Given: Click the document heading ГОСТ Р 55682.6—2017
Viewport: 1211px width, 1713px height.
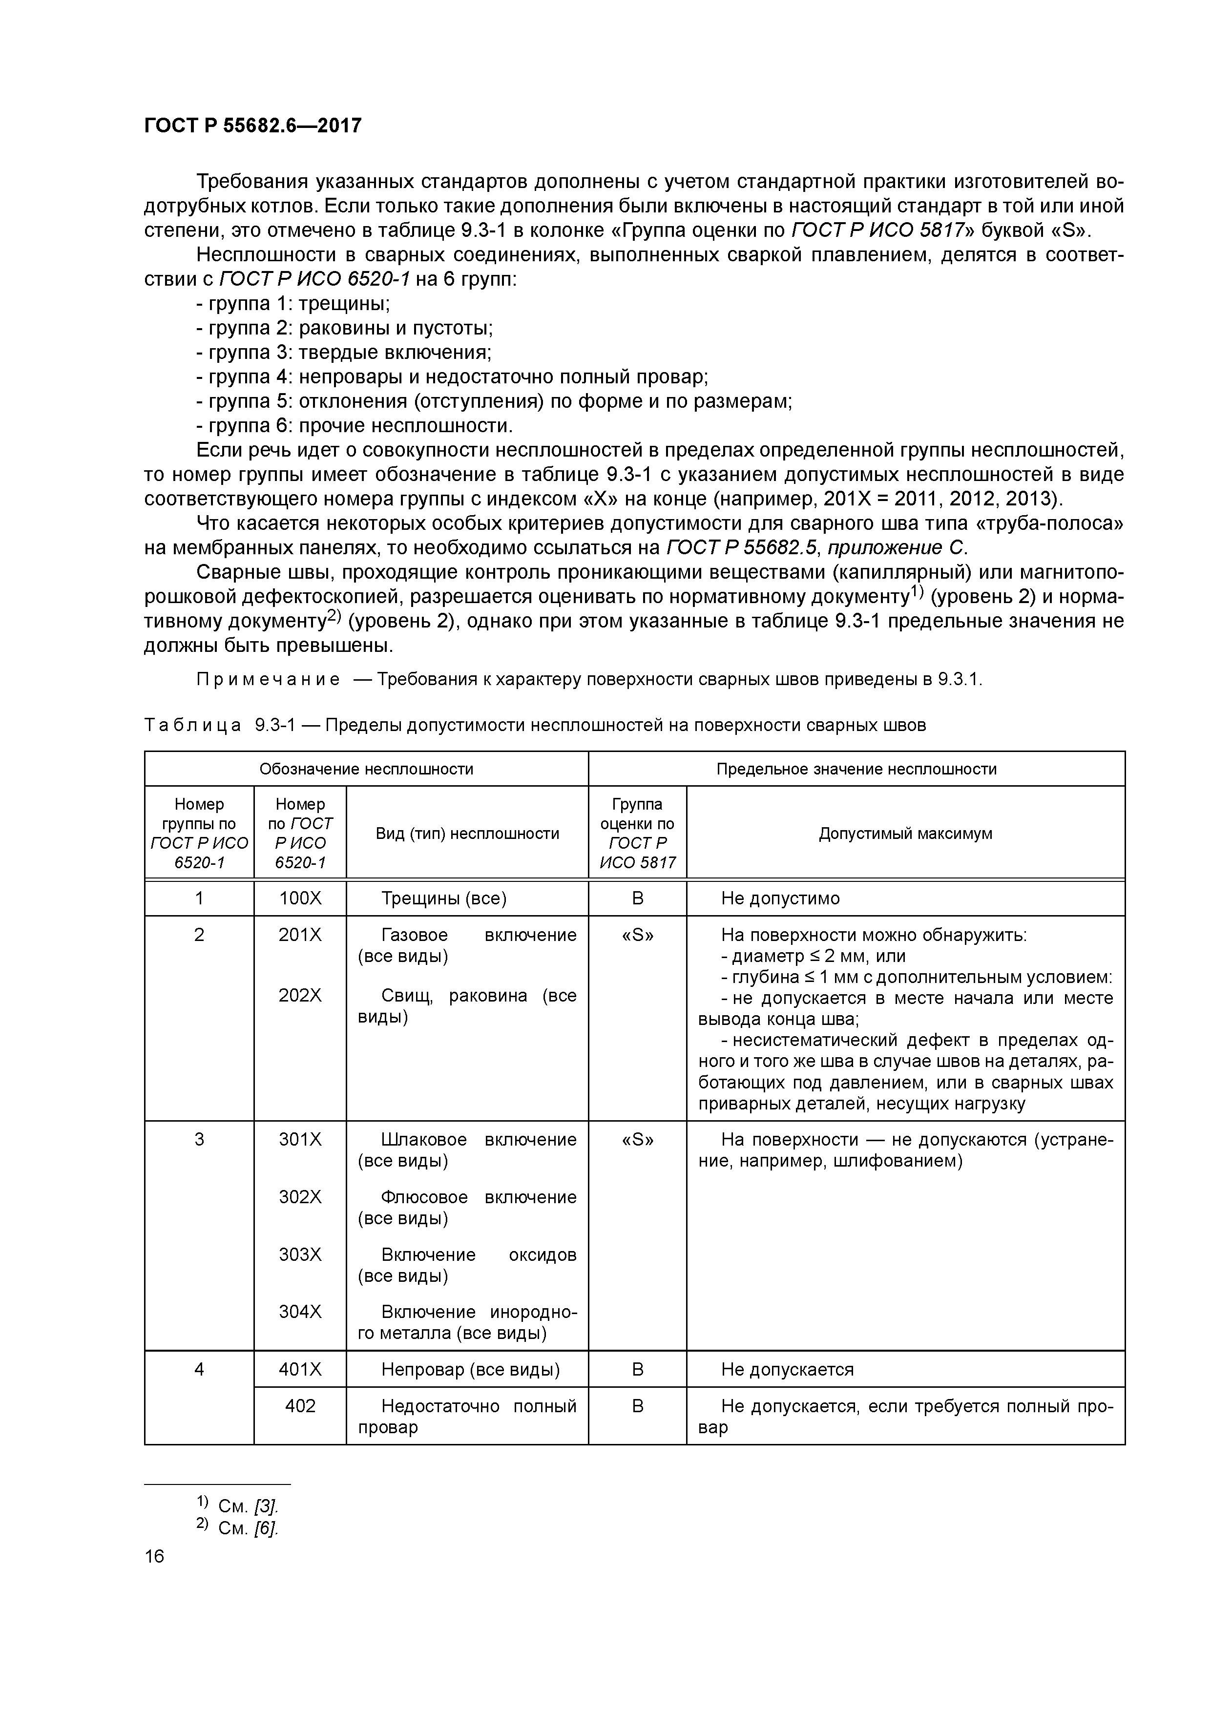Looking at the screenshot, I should pyautogui.click(x=252, y=125).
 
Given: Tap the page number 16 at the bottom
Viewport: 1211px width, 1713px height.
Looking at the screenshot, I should pyautogui.click(x=154, y=1556).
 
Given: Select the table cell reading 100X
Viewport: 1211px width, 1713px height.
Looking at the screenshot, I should pyautogui.click(x=300, y=898).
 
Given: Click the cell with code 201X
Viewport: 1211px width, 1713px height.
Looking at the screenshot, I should pyautogui.click(x=300, y=935).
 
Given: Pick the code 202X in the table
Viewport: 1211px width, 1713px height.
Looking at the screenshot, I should pyautogui.click(x=300, y=995).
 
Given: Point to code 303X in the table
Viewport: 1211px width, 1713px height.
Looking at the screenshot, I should pyautogui.click(x=300, y=1254).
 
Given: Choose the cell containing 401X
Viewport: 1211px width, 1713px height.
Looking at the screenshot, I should pyautogui.click(x=300, y=1369).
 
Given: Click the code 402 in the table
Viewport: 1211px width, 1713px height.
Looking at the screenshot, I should pyautogui.click(x=300, y=1406).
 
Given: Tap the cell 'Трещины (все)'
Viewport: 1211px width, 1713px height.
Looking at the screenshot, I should pyautogui.click(x=444, y=898).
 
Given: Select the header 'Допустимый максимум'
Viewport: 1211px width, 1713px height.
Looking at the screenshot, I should pyautogui.click(x=905, y=834).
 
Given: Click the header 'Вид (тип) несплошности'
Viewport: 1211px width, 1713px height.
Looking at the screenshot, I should pyautogui.click(x=467, y=834).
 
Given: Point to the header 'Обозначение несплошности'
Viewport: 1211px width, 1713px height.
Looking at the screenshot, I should pyautogui.click(x=366, y=769).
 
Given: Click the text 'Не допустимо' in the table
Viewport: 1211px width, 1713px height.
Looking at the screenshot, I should pyautogui.click(x=780, y=898).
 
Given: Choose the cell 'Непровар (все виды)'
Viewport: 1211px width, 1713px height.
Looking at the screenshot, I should pyautogui.click(x=470, y=1369).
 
